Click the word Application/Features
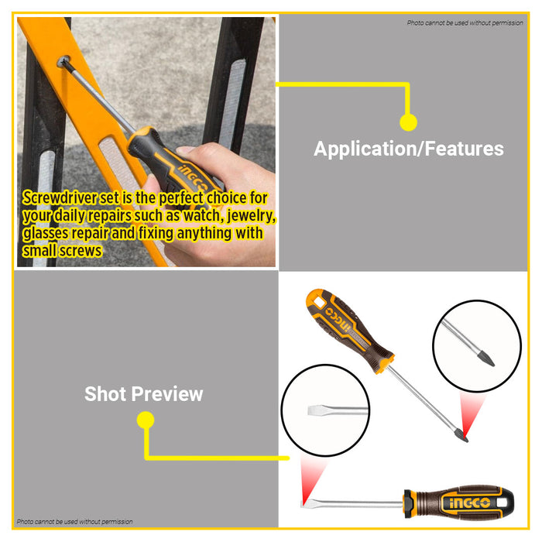[408, 149]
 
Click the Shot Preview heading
[143, 393]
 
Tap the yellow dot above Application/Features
[409, 122]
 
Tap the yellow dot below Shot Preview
[146, 420]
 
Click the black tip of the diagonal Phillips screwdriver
[462, 436]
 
